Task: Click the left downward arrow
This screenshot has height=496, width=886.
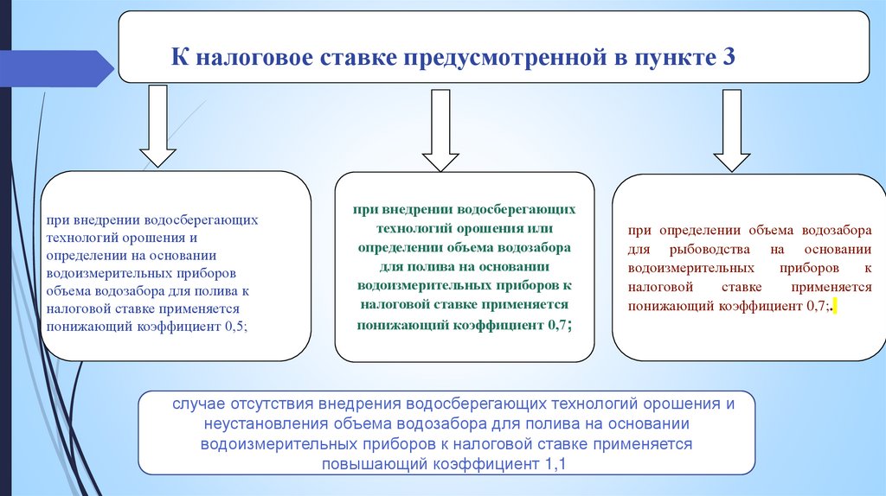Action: (158, 124)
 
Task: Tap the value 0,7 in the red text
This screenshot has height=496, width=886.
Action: (816, 306)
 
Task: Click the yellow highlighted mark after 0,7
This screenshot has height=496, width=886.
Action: (833, 307)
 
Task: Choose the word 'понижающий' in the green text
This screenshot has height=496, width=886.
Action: (398, 324)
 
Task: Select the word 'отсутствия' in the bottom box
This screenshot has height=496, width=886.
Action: (274, 404)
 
